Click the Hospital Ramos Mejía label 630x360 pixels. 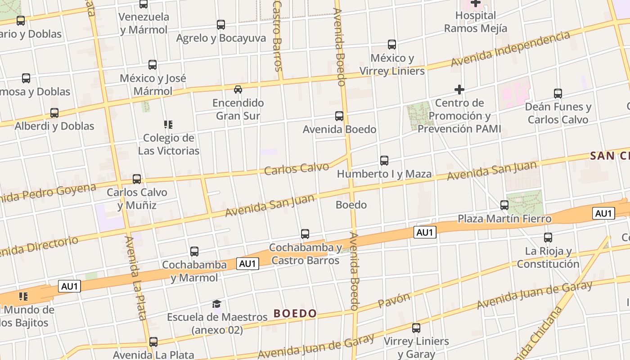475,22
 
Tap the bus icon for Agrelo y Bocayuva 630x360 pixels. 221,25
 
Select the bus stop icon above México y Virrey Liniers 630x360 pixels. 392,45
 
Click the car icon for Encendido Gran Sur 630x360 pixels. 238,89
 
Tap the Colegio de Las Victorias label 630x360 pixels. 168,144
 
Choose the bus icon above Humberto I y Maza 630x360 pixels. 384,161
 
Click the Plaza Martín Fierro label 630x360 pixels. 504,219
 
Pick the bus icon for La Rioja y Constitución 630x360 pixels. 548,238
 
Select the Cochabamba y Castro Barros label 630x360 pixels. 305,254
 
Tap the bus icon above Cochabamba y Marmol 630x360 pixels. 194,252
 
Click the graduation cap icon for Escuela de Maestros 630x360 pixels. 217,304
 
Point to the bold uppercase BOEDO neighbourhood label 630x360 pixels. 295,313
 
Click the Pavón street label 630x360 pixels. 394,300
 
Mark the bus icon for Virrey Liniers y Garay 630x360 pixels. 416,328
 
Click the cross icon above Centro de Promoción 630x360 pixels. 459,90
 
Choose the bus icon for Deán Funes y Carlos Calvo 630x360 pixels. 558,94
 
